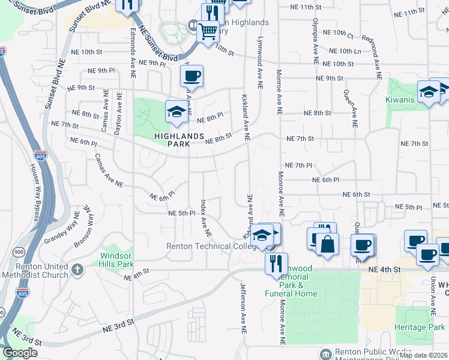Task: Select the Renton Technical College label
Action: pyautogui.click(x=206, y=246)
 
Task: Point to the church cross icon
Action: pyautogui.click(x=77, y=271)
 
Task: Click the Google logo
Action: pyautogui.click(x=20, y=353)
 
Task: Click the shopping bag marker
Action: pyautogui.click(x=327, y=244)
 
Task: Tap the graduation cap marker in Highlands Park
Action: pyautogui.click(x=176, y=112)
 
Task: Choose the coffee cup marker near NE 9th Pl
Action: pyautogui.click(x=191, y=76)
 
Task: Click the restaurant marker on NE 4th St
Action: pyautogui.click(x=276, y=263)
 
